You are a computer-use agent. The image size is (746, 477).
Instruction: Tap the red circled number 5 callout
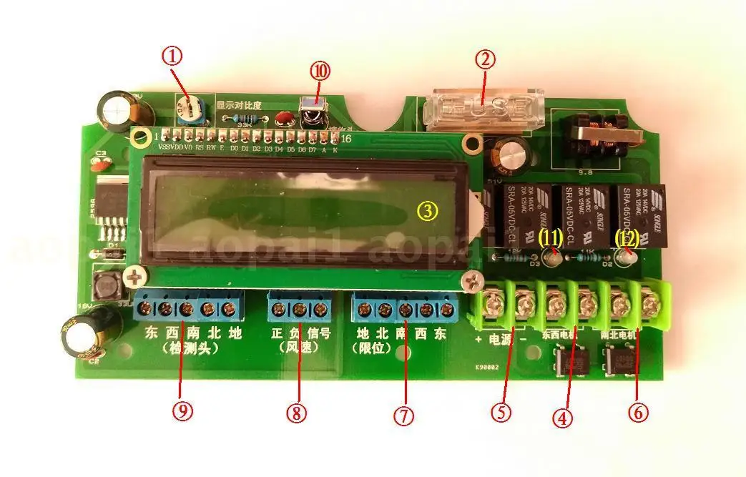coord(501,410)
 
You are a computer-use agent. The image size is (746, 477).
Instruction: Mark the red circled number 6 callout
coord(637,411)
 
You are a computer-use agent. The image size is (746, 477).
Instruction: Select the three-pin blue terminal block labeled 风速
coord(298,309)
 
